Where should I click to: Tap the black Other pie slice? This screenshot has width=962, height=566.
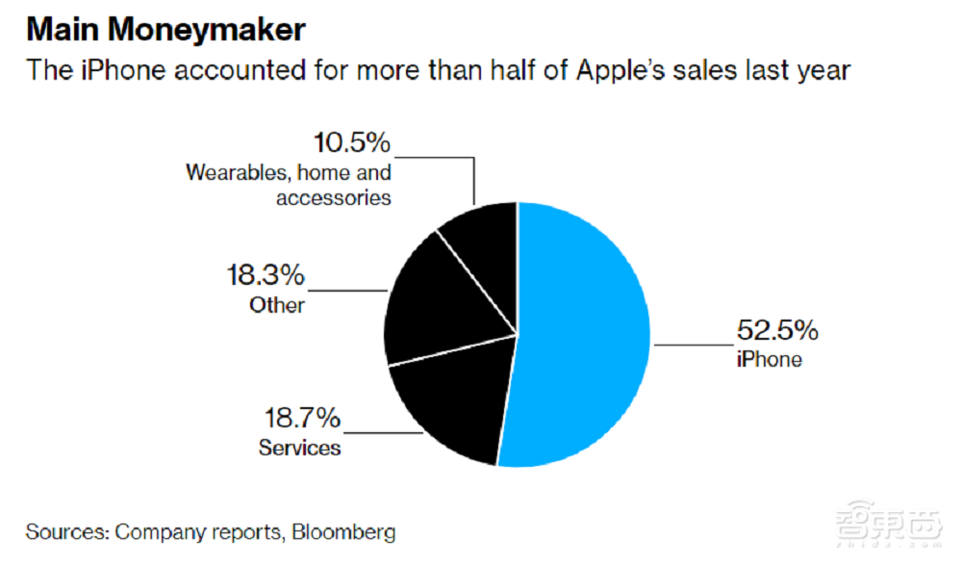coord(433,308)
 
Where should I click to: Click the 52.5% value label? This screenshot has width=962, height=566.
coord(777,332)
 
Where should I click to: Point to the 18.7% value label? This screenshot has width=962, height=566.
coord(302,419)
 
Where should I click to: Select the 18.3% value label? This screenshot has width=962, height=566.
coord(265,276)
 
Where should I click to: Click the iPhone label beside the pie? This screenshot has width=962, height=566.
coord(770,360)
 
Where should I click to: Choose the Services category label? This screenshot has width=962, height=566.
coord(299,448)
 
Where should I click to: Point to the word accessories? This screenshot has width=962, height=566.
coord(333,197)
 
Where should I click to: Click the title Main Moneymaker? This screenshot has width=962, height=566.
coord(165,30)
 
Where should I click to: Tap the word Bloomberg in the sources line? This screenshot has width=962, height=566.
coord(343,532)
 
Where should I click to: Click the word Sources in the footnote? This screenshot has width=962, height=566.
coord(66,532)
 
